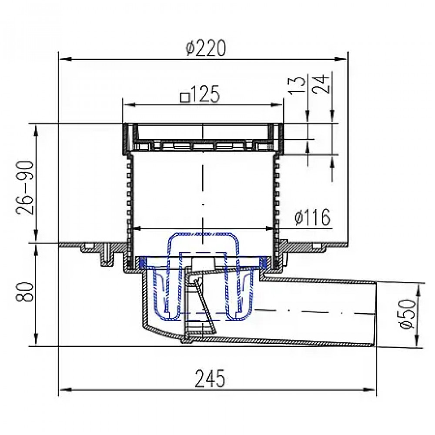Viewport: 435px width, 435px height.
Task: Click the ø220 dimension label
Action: [x=206, y=48]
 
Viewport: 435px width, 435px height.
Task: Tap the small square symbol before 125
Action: [x=185, y=97]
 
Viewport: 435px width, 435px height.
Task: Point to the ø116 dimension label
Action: [x=313, y=217]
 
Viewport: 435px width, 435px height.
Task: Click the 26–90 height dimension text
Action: [x=25, y=188]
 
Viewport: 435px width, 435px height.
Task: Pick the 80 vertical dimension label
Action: [x=25, y=292]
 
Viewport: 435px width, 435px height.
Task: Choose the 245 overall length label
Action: [x=210, y=378]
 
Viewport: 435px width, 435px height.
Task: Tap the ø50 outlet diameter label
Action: [x=408, y=314]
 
